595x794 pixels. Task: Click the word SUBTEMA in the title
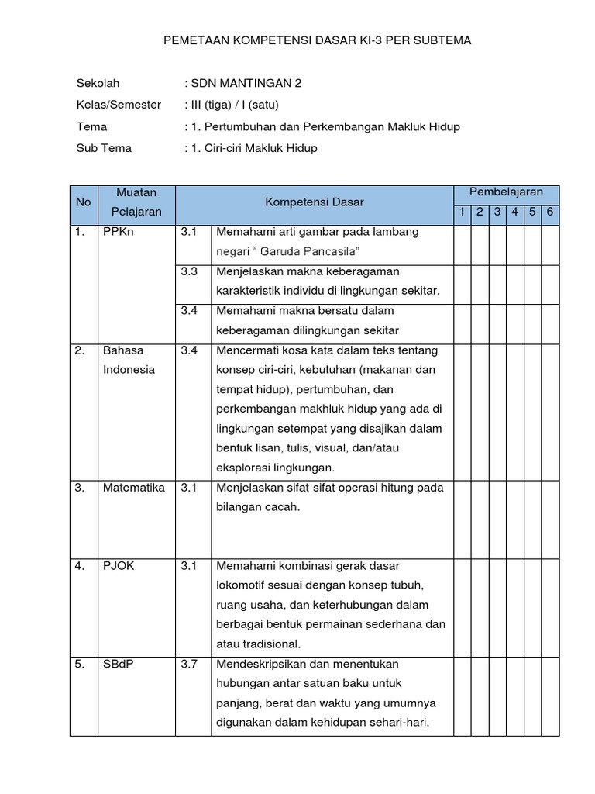pos(442,40)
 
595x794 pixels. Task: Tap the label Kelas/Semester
pos(119,105)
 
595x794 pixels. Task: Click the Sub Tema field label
pos(104,148)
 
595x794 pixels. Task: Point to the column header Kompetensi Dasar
pos(315,202)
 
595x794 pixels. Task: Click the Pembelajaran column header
pos(506,192)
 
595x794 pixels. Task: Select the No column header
pos(84,202)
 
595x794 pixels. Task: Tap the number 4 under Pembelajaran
pos(514,212)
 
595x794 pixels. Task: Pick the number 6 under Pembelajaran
pos(550,212)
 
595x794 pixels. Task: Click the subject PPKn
pos(119,232)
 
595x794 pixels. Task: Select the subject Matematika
pos(133,488)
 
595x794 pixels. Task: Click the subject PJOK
pos(119,566)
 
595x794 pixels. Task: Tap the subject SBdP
pos(119,665)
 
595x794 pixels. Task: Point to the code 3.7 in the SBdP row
pos(190,665)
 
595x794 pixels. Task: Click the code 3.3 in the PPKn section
pos(190,271)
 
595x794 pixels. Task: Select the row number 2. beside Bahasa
pos(80,350)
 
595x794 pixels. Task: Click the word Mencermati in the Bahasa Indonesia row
pos(248,350)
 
